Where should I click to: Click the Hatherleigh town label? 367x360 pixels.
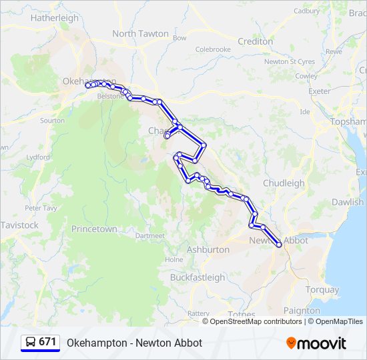click(x=55, y=18)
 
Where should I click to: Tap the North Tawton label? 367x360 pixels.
click(x=140, y=33)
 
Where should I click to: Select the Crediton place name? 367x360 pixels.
click(x=255, y=41)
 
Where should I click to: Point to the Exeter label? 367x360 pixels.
click(x=320, y=91)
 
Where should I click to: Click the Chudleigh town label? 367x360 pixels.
click(x=284, y=183)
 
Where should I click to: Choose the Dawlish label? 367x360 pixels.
click(x=348, y=202)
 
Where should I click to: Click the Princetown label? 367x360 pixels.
click(x=94, y=229)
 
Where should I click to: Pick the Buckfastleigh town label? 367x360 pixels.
click(x=198, y=277)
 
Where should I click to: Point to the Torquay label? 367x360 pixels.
click(x=322, y=289)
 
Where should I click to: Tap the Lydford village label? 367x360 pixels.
click(x=38, y=157)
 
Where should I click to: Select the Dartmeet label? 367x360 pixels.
click(x=149, y=236)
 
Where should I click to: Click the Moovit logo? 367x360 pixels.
click(x=316, y=343)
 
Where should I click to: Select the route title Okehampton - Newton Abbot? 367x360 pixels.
click(x=134, y=343)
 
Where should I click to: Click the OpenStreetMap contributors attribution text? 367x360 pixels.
click(x=256, y=321)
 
